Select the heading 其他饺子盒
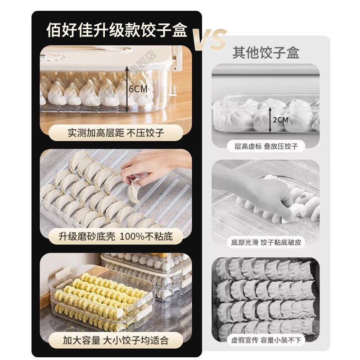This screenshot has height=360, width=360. point(265,53)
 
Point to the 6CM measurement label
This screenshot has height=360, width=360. point(138,89)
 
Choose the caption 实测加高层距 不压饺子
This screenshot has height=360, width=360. point(116,133)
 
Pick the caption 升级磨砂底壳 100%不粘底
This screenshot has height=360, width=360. point(116,236)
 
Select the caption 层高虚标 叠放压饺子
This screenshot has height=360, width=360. point(266,146)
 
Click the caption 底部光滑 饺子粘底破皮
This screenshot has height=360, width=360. point(266,242)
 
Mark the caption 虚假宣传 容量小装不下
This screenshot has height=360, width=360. point(266,340)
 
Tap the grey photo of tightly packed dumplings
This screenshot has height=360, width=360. point(265,297)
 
